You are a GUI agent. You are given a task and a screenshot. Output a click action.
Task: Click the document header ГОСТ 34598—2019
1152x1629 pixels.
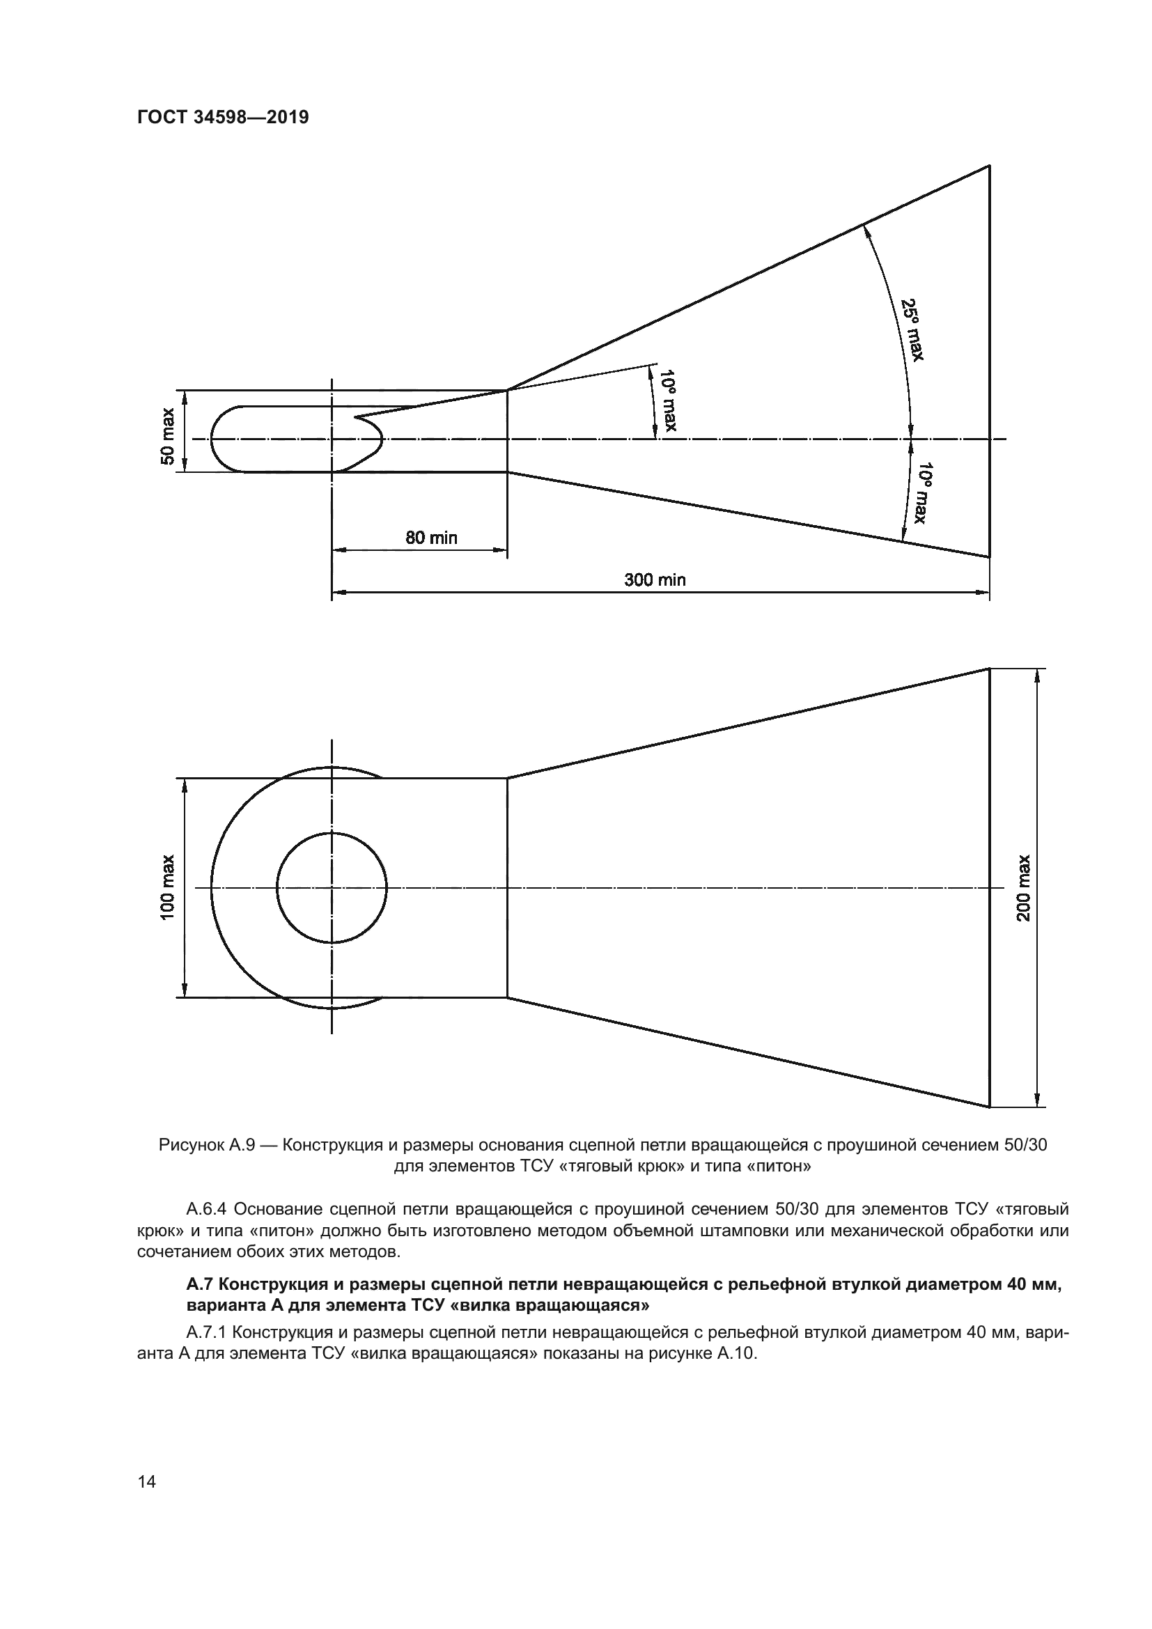pyautogui.click(x=223, y=118)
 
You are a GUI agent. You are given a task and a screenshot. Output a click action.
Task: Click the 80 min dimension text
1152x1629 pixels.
pyautogui.click(x=431, y=538)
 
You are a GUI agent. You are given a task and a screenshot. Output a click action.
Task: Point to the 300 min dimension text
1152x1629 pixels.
pyautogui.click(x=655, y=579)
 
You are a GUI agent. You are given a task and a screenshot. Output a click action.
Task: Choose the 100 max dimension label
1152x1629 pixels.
pyautogui.click(x=167, y=887)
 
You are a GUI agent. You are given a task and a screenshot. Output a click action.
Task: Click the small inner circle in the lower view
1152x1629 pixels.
pyautogui.click(x=332, y=887)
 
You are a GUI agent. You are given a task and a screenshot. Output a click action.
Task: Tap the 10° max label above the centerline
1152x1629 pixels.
pyautogui.click(x=668, y=400)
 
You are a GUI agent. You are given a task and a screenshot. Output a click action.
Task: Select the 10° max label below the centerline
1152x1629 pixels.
pyautogui.click(x=923, y=492)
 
